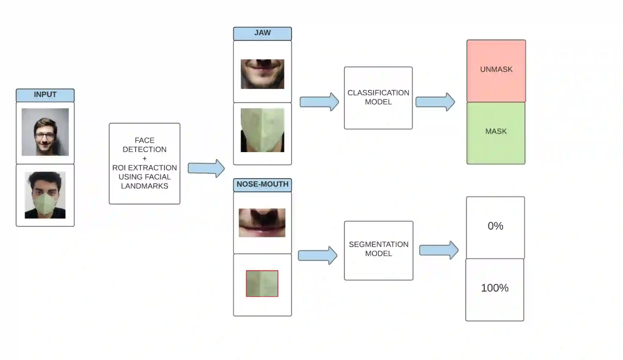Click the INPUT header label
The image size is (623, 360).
coord(45,95)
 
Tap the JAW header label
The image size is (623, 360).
coord(262,33)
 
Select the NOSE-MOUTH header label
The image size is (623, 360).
coord(262,185)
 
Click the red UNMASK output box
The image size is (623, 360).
coord(496,70)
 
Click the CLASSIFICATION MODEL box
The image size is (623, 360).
coord(378,98)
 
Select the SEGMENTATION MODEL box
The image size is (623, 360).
coord(379,250)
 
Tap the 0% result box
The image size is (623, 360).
coord(495,227)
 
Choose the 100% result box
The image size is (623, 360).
coord(495,289)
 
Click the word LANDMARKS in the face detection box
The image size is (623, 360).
coord(145,186)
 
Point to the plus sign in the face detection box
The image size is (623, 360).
coord(145,159)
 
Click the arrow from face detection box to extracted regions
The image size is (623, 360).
coord(206,169)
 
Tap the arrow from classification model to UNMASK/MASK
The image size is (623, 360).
coord(435,102)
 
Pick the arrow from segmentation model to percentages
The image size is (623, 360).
coord(438,250)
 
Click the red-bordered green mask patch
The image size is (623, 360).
coord(262,283)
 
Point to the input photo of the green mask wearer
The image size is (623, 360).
coord(45,195)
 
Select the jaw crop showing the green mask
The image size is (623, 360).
coord(262,130)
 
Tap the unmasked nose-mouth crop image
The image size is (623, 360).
coord(262,223)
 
